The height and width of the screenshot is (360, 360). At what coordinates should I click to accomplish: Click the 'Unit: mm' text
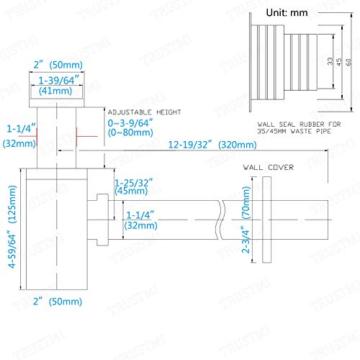[x=287, y=12]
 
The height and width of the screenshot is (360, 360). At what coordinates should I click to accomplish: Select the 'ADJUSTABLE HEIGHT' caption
[x=144, y=112]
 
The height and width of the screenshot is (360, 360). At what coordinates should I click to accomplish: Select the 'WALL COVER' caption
[x=268, y=167]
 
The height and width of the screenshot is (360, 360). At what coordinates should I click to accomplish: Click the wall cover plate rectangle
[x=266, y=220]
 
